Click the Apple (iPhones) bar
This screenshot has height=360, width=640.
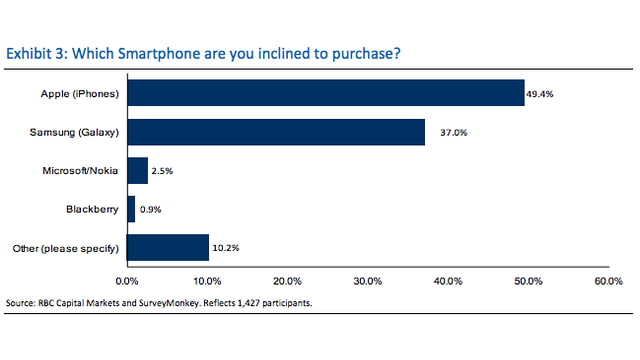click(325, 93)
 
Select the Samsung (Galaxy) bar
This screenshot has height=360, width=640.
click(276, 132)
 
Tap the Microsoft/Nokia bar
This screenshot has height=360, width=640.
click(137, 170)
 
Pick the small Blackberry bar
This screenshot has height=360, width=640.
click(131, 209)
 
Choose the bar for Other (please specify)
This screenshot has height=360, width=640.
click(168, 247)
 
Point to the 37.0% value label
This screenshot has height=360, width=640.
click(440, 131)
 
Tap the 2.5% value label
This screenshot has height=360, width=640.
click(162, 170)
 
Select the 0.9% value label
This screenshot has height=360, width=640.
click(150, 209)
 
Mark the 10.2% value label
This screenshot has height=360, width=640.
click(226, 247)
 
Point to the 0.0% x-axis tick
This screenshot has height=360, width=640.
click(127, 282)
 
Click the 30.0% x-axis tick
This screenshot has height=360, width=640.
click(367, 282)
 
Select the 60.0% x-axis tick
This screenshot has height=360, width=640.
click(608, 282)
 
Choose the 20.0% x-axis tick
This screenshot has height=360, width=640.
click(287, 282)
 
